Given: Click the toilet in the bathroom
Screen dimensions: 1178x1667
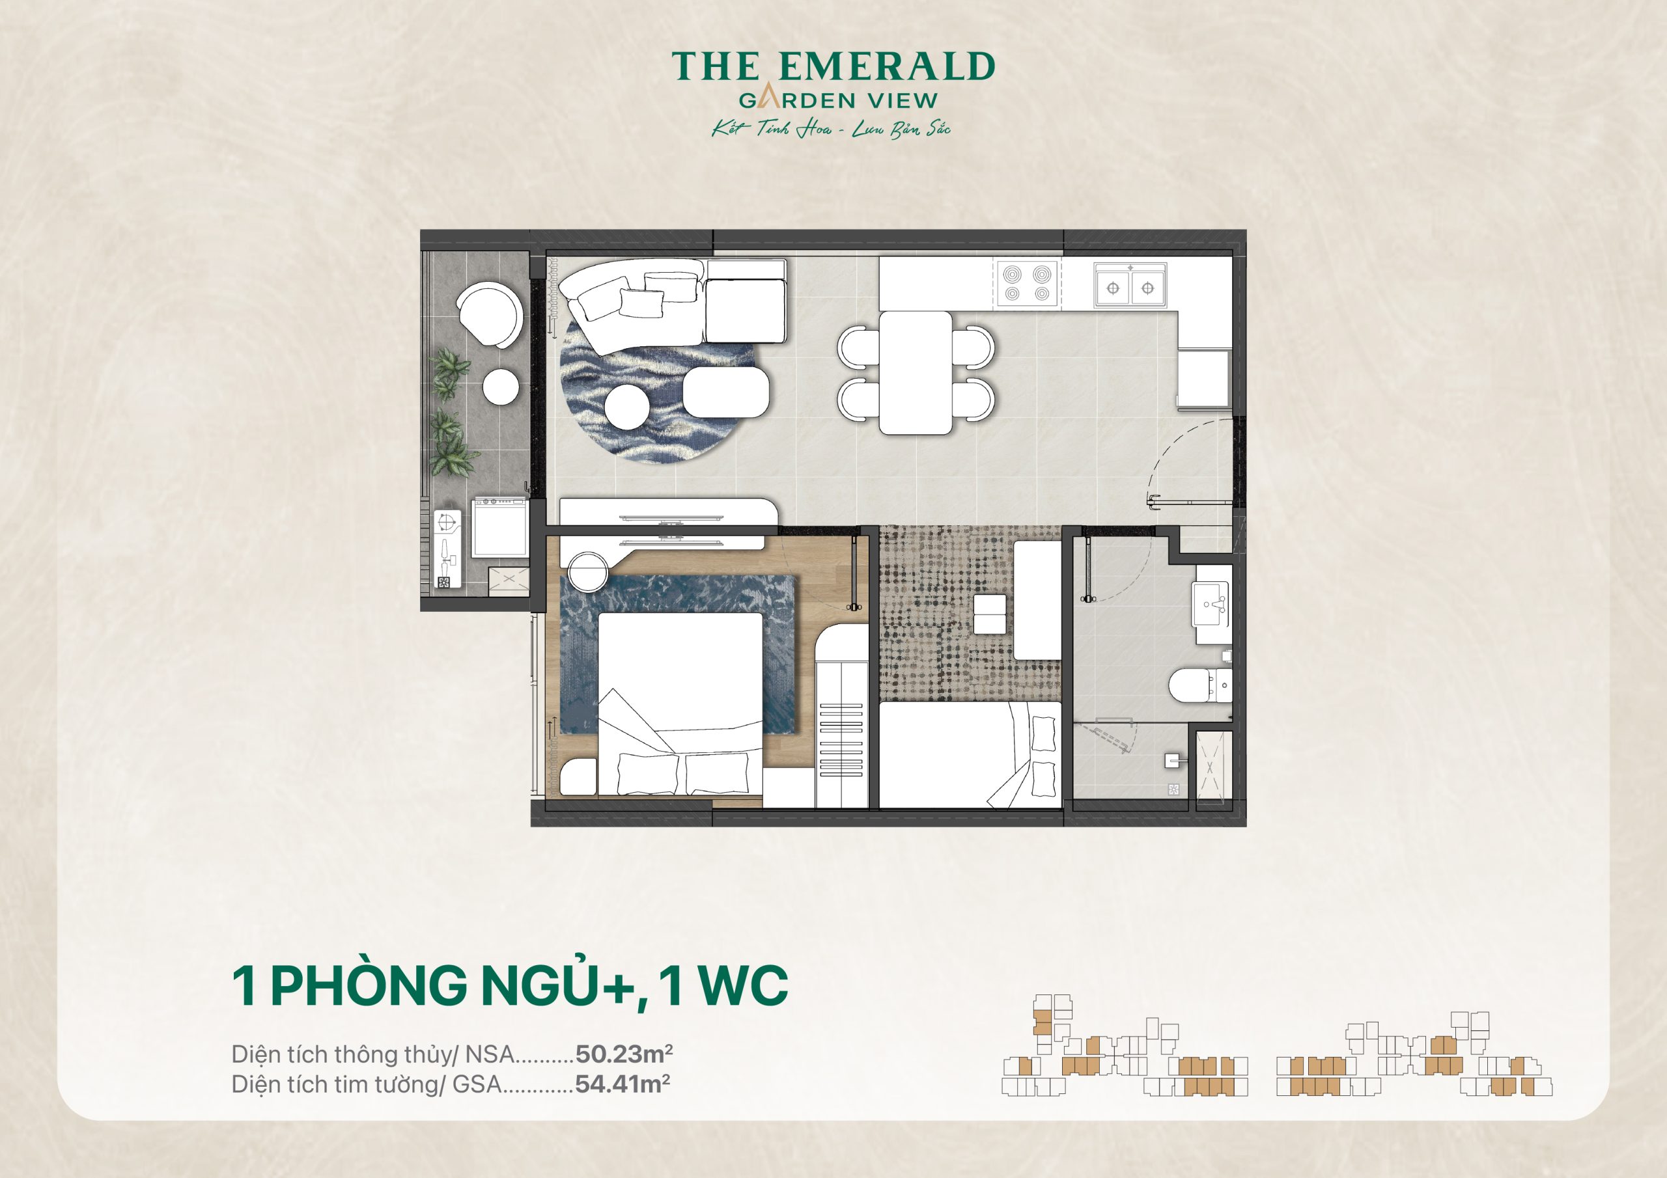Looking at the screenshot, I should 1192,685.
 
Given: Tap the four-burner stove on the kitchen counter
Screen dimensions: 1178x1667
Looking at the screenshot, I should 1027,284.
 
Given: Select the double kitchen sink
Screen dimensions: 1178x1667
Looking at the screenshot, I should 1130,285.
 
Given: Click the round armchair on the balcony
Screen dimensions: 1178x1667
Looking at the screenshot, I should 489,315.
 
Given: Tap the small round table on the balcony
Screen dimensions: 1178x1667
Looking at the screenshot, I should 501,386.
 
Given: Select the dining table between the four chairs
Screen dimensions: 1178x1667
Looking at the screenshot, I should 916,372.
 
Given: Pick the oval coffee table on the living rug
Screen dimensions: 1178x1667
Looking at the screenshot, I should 725,391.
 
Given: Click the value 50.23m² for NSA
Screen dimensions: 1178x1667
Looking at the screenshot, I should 624,1053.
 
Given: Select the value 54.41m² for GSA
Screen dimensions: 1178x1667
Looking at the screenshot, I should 623,1084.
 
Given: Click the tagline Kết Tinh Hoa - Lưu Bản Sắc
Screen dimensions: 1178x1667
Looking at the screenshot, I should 831,130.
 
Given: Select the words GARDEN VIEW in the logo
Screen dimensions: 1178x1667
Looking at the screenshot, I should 838,101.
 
